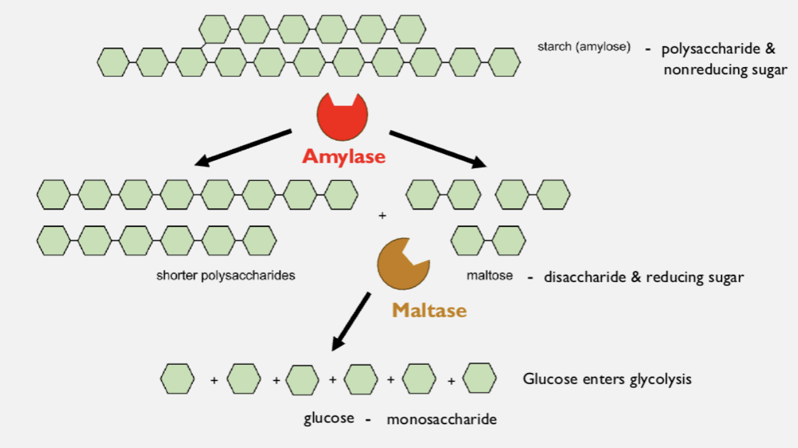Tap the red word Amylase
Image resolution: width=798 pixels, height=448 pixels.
[x=343, y=156]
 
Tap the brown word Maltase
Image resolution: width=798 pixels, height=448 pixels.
[x=429, y=310]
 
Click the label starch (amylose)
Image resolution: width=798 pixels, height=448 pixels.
[x=583, y=47]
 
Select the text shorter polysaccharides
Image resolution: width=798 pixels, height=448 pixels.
[x=225, y=275]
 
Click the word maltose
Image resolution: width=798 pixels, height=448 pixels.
[x=489, y=275]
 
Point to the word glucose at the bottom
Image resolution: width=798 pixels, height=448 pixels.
[x=329, y=418]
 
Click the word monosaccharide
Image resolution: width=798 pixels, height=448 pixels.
[x=442, y=419]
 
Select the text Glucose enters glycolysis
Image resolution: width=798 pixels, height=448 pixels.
[x=607, y=379]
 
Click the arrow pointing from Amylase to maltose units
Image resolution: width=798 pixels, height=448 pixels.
[x=438, y=149]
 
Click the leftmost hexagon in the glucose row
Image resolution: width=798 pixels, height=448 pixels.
[x=177, y=379]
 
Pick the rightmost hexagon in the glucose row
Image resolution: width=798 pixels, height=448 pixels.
[x=479, y=378]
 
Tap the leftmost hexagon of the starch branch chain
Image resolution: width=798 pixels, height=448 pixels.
[x=215, y=29]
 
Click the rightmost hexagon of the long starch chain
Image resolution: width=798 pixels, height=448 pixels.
[x=504, y=62]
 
